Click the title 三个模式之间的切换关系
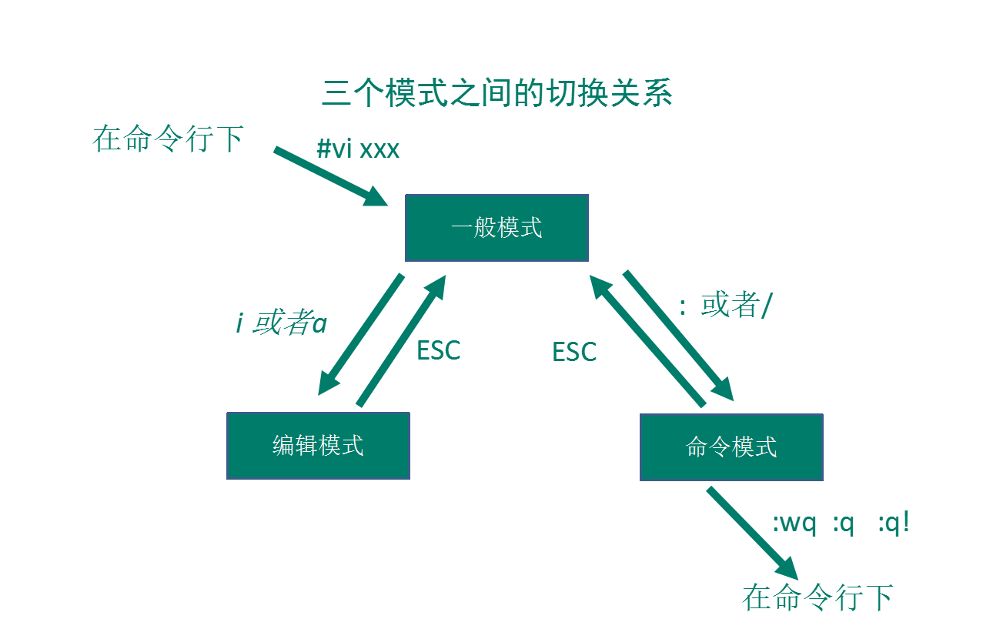point(497,92)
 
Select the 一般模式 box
point(497,228)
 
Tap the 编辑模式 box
point(318,446)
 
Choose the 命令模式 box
point(731,447)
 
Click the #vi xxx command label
point(358,149)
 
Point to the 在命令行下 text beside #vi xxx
point(168,139)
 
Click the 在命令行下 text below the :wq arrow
point(817,597)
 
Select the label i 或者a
point(282,323)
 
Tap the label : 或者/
point(726,305)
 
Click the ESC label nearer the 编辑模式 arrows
point(439,350)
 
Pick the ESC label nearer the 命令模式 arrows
point(574,352)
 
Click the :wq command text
point(794,524)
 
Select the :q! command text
point(894,522)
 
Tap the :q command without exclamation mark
point(843,524)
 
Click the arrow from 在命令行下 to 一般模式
point(331,176)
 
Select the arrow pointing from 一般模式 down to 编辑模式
point(361,334)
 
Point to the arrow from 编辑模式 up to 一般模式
point(401,340)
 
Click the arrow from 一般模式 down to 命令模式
point(678,335)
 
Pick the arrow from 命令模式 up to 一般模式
point(647,340)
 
